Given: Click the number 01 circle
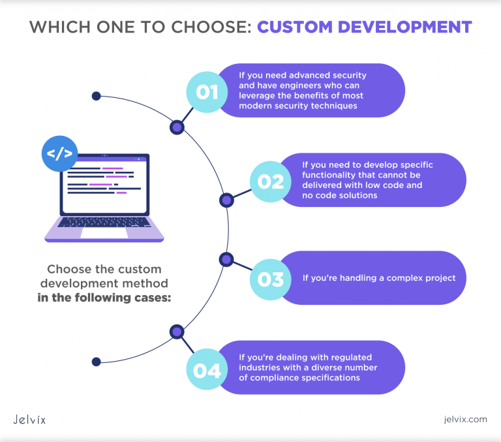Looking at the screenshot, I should click(207, 91).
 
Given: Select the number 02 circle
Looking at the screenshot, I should click(271, 181).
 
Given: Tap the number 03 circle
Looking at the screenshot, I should click(271, 279).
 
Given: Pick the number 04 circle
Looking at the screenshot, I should click(207, 370).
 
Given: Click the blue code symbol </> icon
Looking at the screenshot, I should click(59, 154).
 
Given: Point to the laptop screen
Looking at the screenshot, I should click(104, 184).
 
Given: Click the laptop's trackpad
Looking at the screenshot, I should click(104, 231).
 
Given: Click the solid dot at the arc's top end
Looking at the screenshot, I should click(96, 96).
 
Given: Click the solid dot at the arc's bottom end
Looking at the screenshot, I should click(96, 361).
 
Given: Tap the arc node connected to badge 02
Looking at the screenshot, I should click(226, 200).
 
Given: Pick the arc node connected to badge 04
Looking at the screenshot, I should click(176, 332).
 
